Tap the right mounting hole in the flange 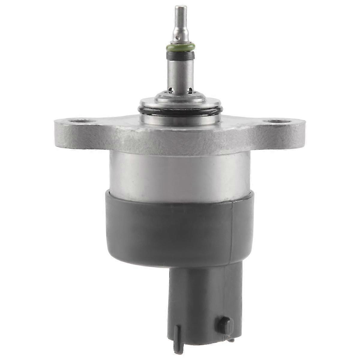pos(279,122)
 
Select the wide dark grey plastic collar pos(180,228)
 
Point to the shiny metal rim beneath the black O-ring pos(180,120)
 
